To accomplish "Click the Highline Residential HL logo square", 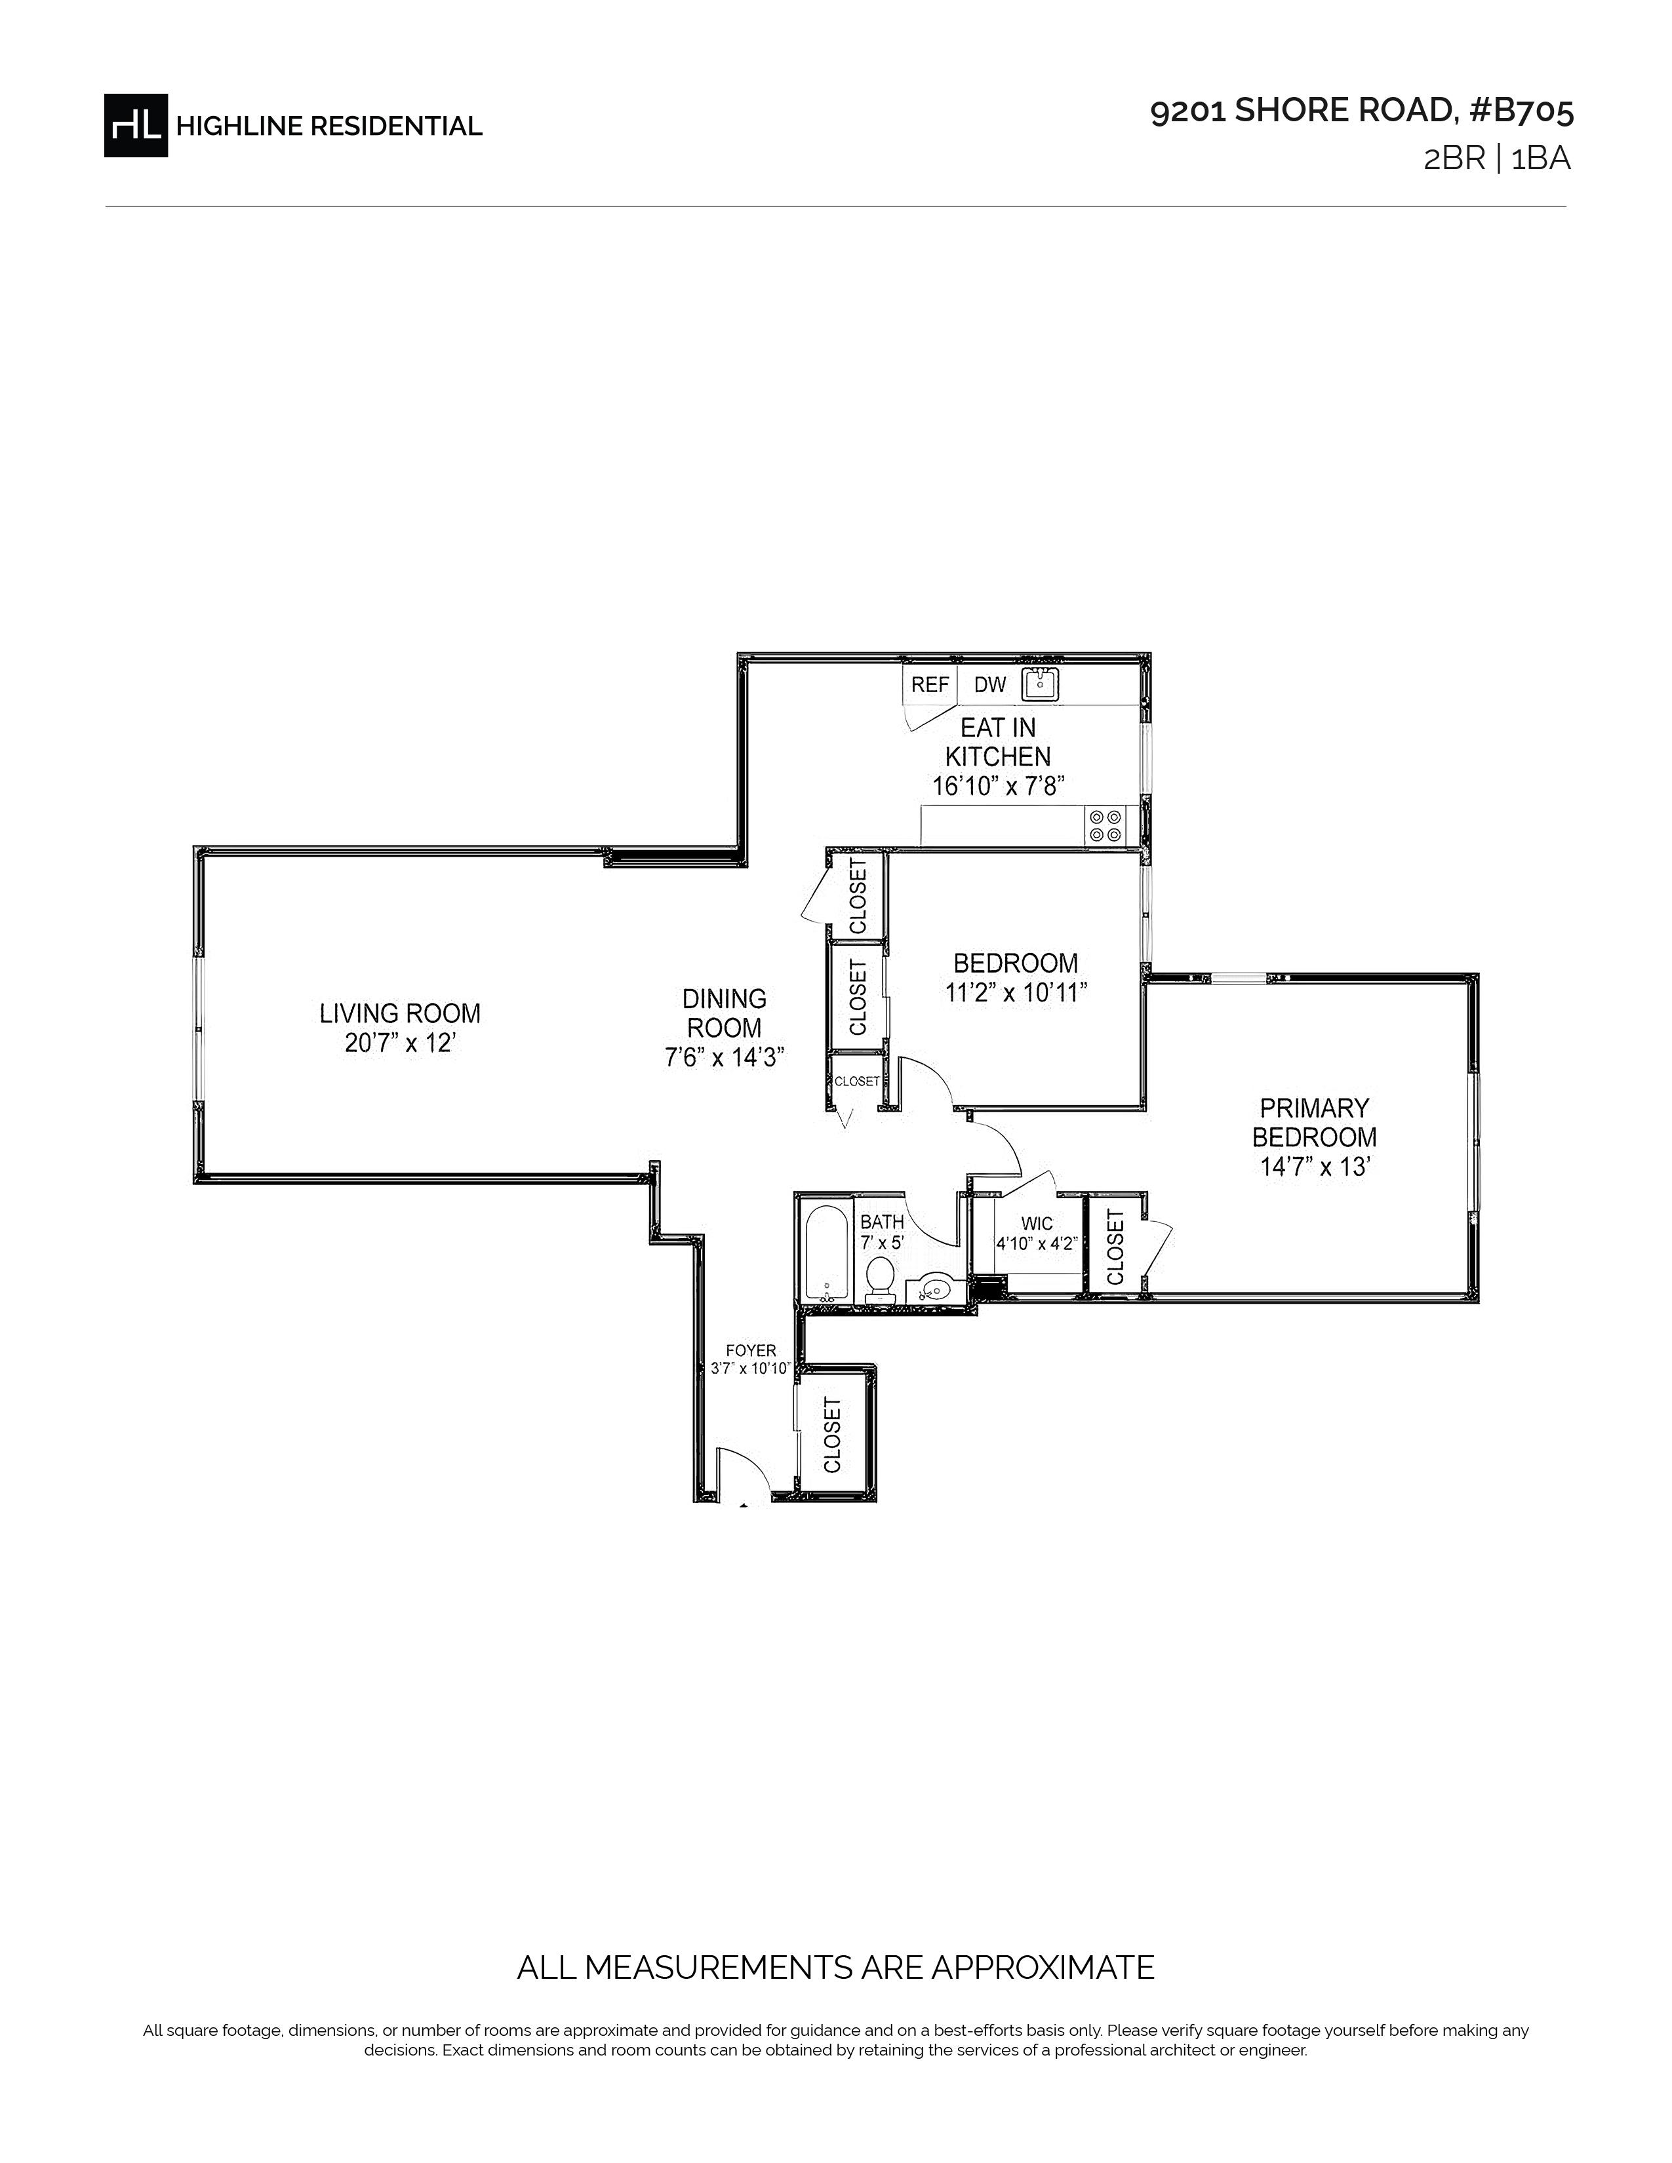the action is [136, 125].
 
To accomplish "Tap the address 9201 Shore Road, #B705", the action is [1361, 111].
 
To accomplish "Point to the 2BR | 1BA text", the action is [1497, 159].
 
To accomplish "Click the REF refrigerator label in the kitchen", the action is [930, 684].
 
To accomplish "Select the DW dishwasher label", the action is [989, 684].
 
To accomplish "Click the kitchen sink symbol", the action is [1040, 684].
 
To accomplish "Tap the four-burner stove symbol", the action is [1105, 826].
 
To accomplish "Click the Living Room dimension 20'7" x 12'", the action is [400, 1043].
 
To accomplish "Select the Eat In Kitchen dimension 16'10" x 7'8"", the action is [997, 787].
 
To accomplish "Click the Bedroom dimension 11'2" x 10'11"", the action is [1016, 992].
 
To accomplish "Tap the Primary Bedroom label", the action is [1315, 1122].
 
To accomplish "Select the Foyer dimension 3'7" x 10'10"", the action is [750, 1369].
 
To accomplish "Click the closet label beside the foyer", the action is [832, 1434].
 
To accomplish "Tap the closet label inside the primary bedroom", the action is [1115, 1247].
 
